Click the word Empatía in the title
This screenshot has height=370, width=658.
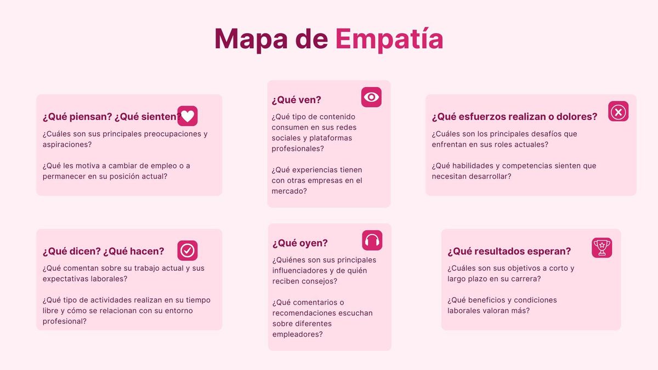point(389,39)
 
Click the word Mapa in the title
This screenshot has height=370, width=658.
point(251,39)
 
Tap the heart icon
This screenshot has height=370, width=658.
point(188,116)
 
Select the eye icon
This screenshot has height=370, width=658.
point(371,97)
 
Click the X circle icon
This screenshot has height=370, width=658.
point(619,111)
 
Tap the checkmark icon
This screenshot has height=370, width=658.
point(188,251)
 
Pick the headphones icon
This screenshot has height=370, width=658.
point(372,240)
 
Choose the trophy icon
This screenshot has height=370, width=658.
point(602,248)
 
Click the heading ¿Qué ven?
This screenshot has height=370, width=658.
point(297,100)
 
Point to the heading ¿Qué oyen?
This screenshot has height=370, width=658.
point(300,243)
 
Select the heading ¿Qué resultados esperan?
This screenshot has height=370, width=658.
point(509,252)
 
